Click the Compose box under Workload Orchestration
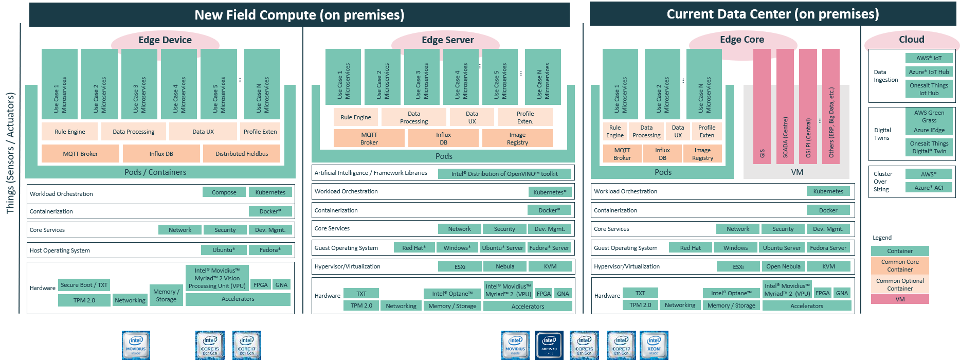pyautogui.click(x=224, y=192)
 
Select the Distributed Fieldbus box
pyautogui.click(x=242, y=154)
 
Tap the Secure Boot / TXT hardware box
pyautogui.click(x=84, y=285)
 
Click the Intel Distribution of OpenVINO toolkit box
pyautogui.click(x=504, y=174)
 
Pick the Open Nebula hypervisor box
pyautogui.click(x=783, y=266)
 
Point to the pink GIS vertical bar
pyautogui.click(x=762, y=106)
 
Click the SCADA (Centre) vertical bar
pyautogui.click(x=785, y=106)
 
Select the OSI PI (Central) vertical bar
pyautogui.click(x=808, y=106)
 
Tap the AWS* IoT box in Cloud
pyautogui.click(x=929, y=58)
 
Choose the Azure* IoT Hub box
pyautogui.click(x=929, y=72)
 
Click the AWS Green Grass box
pyautogui.click(x=929, y=116)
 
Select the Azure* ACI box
pyautogui.click(x=929, y=188)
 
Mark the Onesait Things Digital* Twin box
pyautogui.click(x=929, y=148)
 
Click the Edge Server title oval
pyautogui.click(x=447, y=40)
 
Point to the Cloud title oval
pyautogui.click(x=911, y=40)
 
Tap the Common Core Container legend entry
pyautogui.click(x=900, y=265)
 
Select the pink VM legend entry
pyautogui.click(x=900, y=299)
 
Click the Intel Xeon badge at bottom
pyautogui.click(x=654, y=345)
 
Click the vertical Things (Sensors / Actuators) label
pyautogui.click(x=10, y=153)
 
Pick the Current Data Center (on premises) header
pyautogui.click(x=772, y=14)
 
